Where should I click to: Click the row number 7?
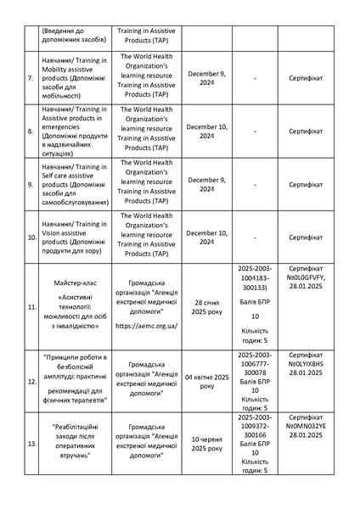click(x=31, y=78)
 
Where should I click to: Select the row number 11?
click(x=31, y=305)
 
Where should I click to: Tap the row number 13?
click(x=31, y=444)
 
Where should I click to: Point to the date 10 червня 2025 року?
click(x=205, y=444)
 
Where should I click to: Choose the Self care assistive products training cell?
click(x=74, y=184)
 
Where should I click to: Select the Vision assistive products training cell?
click(x=74, y=236)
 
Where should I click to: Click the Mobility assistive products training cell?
click(x=74, y=78)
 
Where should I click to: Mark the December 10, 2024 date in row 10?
click(x=205, y=237)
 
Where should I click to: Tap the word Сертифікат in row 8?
click(x=307, y=131)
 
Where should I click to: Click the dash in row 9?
click(x=256, y=184)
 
